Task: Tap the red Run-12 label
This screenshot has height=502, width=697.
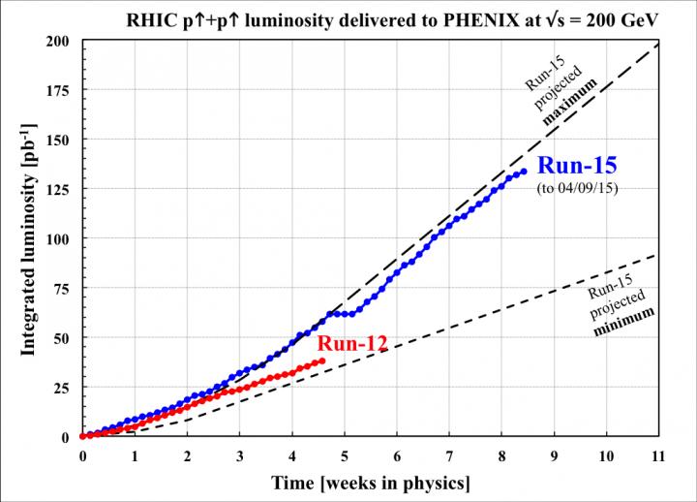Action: tap(355, 342)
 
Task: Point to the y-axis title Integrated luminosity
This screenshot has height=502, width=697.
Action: tap(29, 239)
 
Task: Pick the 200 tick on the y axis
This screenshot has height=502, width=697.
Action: tap(61, 41)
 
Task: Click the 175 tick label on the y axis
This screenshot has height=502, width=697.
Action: tap(61, 90)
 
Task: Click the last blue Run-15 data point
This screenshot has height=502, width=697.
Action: tap(524, 172)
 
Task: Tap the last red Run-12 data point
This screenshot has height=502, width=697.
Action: tap(322, 361)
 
